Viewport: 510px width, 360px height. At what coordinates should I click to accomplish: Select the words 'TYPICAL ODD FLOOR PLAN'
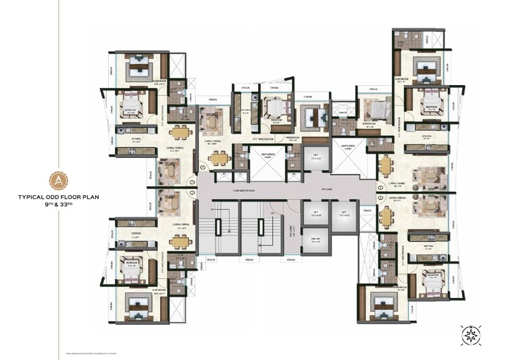pyautogui.click(x=59, y=198)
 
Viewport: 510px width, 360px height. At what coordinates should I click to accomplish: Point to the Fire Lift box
pyautogui.click(x=314, y=238)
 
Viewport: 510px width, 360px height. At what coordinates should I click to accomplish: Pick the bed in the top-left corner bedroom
pyautogui.click(x=142, y=66)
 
